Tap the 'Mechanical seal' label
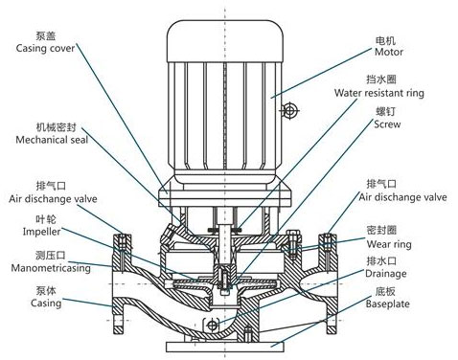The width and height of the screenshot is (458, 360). pyautogui.click(x=46, y=138)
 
